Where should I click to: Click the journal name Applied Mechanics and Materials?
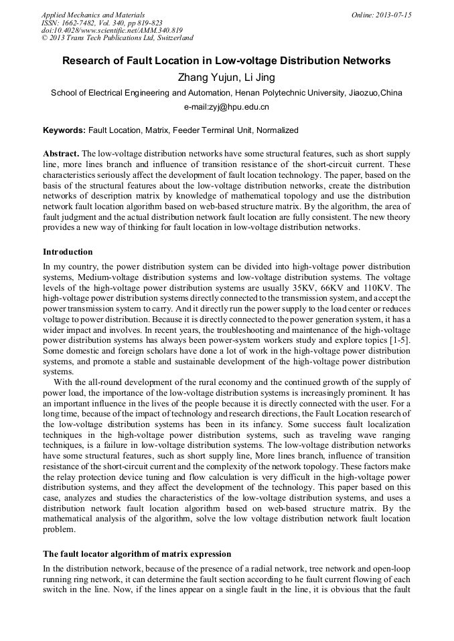coord(92,15)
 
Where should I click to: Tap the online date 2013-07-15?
coord(393,15)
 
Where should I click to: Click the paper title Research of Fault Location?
coord(226,61)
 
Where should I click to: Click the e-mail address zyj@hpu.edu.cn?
coord(226,107)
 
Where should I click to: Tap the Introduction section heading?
coord(68,252)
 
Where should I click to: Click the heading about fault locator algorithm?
coord(137,554)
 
